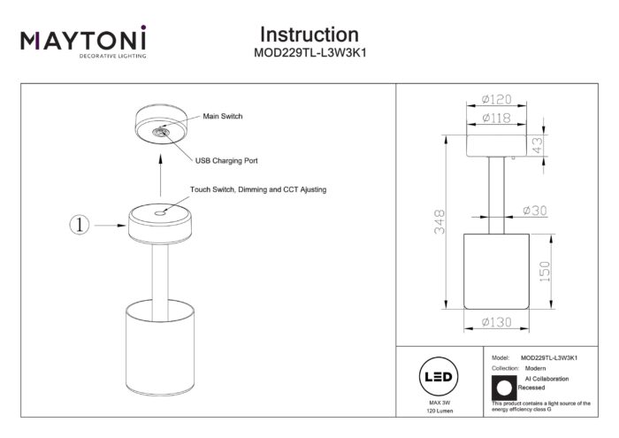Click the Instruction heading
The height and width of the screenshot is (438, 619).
click(309, 35)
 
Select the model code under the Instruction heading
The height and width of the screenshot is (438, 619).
click(309, 53)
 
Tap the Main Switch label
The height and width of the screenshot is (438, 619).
click(223, 116)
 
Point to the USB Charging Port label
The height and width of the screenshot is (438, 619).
click(226, 162)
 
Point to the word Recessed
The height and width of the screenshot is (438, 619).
click(531, 388)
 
